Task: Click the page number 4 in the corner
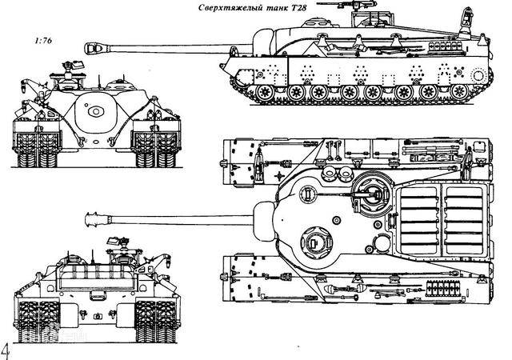tap(6, 350)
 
